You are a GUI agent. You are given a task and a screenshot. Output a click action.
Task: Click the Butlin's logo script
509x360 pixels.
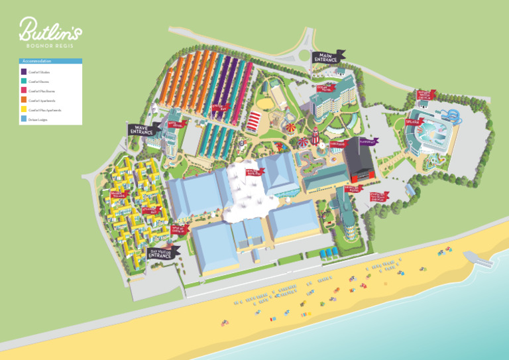coord(50,30)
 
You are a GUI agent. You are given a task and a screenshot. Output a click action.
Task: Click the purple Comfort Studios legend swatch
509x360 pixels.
coord(24,72)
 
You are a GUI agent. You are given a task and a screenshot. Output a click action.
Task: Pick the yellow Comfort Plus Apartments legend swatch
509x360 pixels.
coord(24,110)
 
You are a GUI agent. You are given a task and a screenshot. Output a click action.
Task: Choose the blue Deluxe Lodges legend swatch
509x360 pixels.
coord(24,119)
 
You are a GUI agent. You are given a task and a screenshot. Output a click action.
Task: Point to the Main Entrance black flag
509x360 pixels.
coord(327,57)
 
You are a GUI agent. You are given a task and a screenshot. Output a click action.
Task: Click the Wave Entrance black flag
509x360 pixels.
coord(142,129)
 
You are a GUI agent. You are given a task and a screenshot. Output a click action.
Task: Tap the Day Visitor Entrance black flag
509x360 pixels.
coord(162,252)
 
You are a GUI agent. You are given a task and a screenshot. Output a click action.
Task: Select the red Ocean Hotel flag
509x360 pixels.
coord(325,88)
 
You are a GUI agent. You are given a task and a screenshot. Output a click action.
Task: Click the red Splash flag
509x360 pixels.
coord(414,121)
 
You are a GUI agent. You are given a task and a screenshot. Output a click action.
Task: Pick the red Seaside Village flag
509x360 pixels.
coord(119,194)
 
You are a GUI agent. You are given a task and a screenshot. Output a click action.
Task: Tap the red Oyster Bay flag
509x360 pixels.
coord(220,106)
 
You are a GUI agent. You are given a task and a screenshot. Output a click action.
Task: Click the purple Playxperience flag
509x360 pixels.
coord(368,141)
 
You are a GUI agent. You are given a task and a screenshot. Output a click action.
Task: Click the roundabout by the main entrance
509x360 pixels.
coord(306,56)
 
